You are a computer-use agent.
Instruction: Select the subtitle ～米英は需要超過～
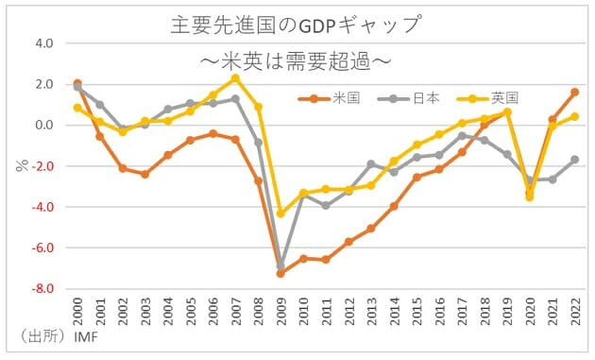coord(297,60)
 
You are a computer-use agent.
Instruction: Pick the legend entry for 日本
coord(407,97)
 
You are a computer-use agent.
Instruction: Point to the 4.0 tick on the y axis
coord(44,43)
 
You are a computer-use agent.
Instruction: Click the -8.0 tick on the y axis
coord(42,289)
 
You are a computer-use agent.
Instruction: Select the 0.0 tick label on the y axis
coord(44,126)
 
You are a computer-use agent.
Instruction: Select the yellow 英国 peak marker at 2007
coord(234,78)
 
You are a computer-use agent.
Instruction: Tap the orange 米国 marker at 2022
coord(574,93)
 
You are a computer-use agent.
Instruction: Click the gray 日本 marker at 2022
coord(574,160)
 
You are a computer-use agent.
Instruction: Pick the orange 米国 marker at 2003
coord(144,174)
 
